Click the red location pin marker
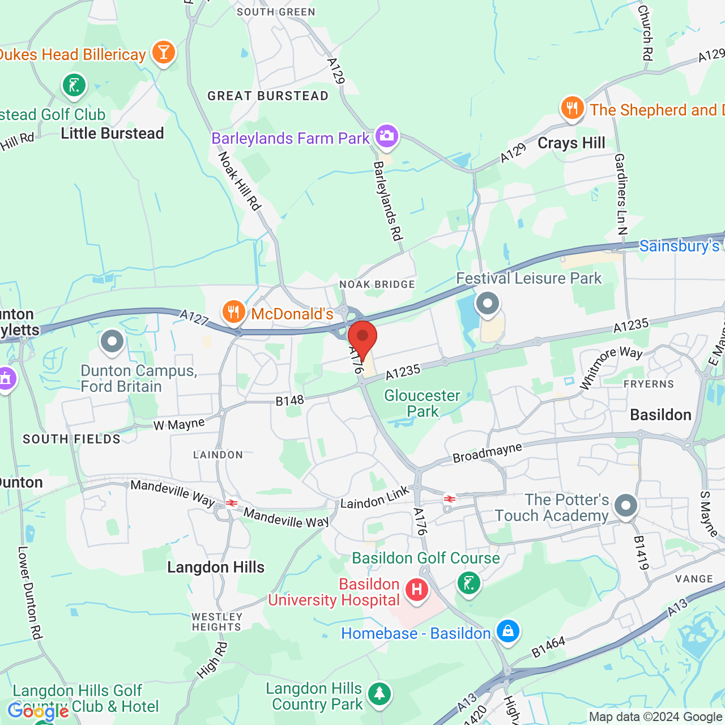coord(362,338)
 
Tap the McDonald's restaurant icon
coord(233,312)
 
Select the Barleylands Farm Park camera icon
coord(387,136)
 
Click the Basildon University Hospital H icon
coord(417,590)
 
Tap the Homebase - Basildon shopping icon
coord(507,630)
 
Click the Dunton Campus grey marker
coord(112,342)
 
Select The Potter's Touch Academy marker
coord(626,505)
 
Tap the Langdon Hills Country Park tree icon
coord(379,693)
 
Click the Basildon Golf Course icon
coord(468,582)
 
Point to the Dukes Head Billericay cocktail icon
coord(164,53)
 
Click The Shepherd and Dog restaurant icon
coord(572,108)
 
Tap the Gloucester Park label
coord(422,403)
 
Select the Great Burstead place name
coord(268,96)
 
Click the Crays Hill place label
coord(572,143)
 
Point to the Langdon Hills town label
coord(216,568)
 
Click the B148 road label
coord(289,401)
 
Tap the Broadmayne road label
coord(487,453)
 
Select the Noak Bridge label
coord(377,284)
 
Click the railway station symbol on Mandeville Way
coord(231,503)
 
